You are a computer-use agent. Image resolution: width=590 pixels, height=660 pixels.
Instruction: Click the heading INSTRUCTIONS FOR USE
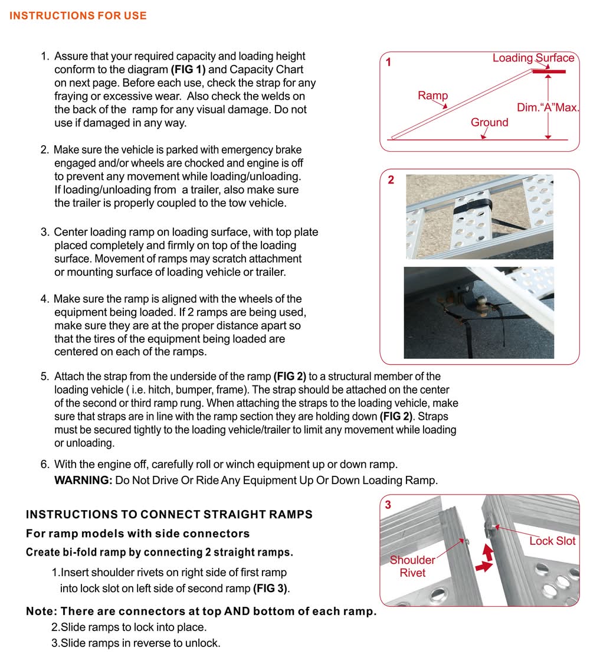[x=78, y=16]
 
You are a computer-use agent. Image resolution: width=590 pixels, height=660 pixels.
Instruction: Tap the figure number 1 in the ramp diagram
[x=389, y=61]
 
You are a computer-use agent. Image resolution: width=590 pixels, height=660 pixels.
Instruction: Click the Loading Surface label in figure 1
[x=533, y=58]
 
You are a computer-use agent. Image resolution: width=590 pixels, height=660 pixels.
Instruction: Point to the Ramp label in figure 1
[x=433, y=96]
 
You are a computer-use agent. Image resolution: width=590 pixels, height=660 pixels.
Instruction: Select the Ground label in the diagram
[x=489, y=122]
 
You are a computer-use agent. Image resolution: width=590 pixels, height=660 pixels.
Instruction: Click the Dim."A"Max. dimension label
[x=548, y=108]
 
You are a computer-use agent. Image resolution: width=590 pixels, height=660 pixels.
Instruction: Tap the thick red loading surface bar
[x=548, y=71]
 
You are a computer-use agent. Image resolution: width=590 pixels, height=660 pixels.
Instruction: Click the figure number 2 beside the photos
[x=391, y=180]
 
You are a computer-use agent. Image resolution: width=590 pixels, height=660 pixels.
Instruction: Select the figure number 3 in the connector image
[x=388, y=505]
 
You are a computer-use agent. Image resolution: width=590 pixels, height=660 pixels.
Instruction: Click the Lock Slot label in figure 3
[x=552, y=541]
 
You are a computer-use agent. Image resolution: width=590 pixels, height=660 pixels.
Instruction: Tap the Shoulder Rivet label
[x=412, y=566]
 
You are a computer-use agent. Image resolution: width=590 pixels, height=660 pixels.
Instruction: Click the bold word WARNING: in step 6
[x=83, y=480]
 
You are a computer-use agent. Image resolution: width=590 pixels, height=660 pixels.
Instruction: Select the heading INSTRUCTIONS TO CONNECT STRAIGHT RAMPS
[x=169, y=514]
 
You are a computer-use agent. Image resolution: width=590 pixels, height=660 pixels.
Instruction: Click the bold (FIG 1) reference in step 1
[x=187, y=70]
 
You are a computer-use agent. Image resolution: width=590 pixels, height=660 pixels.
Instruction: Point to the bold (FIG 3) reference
[x=271, y=589]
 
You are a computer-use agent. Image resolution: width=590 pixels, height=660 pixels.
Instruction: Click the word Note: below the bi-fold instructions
[x=42, y=611]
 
